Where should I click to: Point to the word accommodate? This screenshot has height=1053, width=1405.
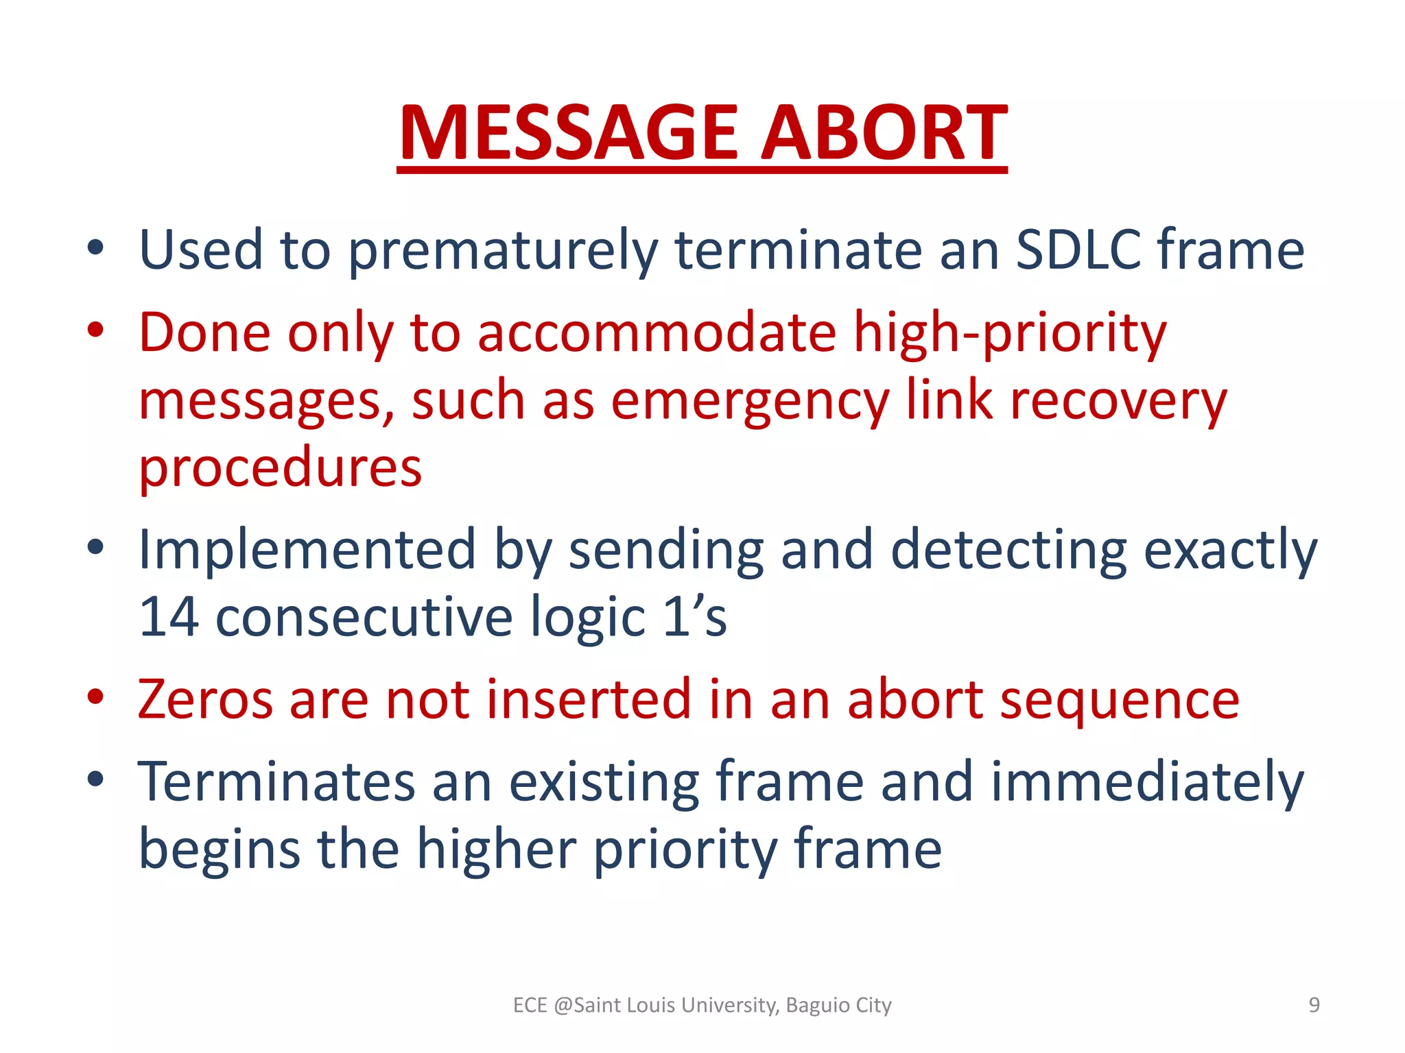(x=657, y=332)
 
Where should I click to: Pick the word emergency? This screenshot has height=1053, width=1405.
(x=750, y=401)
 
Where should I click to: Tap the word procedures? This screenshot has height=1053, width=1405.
(x=280, y=468)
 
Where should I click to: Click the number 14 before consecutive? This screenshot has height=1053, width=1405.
(x=169, y=616)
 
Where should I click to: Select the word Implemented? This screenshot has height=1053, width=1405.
(x=307, y=550)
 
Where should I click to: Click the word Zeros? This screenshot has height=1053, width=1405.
(x=205, y=699)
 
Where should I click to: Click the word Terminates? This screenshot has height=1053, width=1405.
(x=276, y=782)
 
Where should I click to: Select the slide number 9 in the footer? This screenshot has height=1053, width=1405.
(x=1314, y=1005)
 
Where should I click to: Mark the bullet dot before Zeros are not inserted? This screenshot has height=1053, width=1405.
(x=95, y=697)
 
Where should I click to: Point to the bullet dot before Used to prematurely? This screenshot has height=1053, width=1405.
(x=95, y=247)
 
